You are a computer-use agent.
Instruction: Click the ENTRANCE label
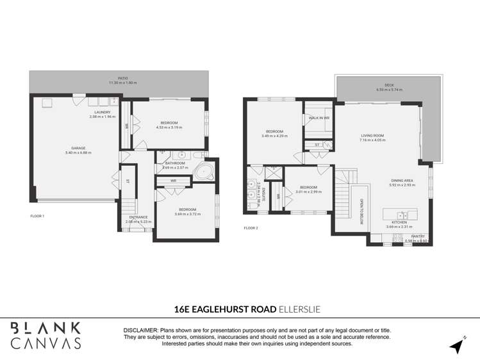pos(138,217)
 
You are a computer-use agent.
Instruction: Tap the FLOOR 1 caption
pos(37,216)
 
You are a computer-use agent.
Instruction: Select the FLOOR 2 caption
pos(251,227)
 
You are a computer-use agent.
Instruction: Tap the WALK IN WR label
pos(319,118)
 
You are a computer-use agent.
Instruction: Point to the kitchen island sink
pos(402,214)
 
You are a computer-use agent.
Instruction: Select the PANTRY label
pos(418,236)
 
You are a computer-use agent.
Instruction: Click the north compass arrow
pos(456,347)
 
